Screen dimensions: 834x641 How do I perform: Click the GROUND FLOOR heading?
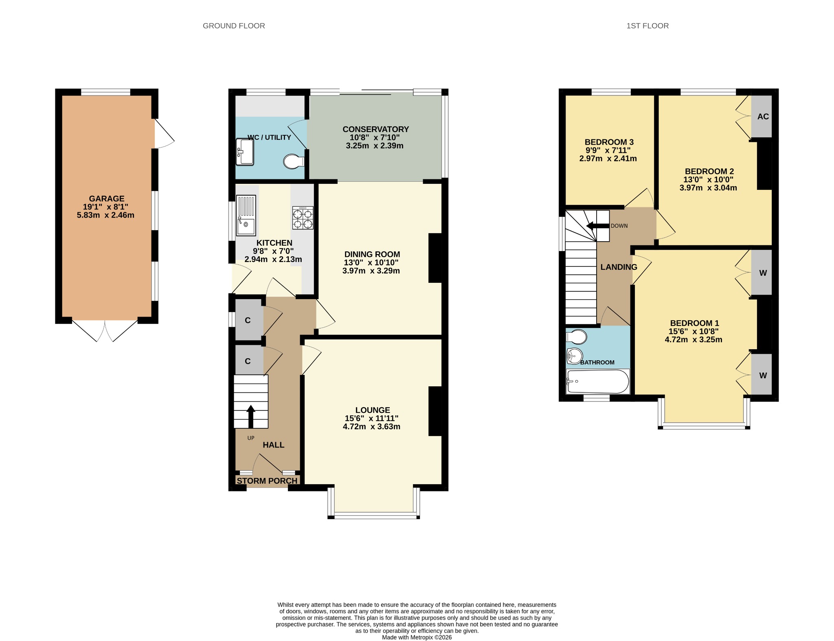click(x=234, y=26)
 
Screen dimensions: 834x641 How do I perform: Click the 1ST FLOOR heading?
click(x=647, y=26)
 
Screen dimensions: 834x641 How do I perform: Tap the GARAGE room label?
click(x=107, y=198)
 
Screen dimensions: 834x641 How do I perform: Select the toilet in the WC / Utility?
click(x=294, y=161)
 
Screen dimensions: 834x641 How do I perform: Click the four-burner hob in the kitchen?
click(x=303, y=218)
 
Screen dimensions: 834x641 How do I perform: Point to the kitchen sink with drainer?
click(x=246, y=216)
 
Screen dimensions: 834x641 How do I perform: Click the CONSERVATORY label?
click(x=375, y=129)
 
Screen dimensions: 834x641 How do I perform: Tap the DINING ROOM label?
click(x=372, y=254)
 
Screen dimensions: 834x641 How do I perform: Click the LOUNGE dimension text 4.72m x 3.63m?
click(x=371, y=427)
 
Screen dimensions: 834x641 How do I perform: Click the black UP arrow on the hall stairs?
click(x=251, y=416)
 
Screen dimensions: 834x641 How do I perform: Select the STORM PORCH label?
click(x=267, y=481)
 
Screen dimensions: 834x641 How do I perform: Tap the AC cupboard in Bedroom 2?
click(x=762, y=117)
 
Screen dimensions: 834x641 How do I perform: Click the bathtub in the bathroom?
click(x=598, y=381)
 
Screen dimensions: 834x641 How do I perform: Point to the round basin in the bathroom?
click(x=575, y=356)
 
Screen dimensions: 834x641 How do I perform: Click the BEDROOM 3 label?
click(x=609, y=142)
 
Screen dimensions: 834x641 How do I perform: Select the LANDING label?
click(x=619, y=267)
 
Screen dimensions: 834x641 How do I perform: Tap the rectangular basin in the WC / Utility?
click(x=245, y=152)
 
